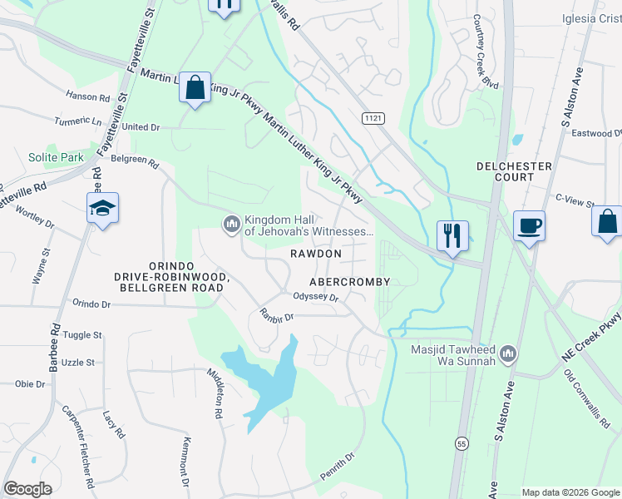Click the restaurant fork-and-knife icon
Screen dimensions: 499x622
click(x=452, y=235)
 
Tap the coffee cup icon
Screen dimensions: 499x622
click(x=529, y=225)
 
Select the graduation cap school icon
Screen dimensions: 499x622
click(x=102, y=209)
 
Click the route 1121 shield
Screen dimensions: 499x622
click(x=374, y=119)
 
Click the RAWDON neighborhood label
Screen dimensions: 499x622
click(x=315, y=253)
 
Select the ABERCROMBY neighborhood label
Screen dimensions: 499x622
click(x=349, y=282)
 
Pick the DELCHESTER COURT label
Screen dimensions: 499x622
click(x=514, y=171)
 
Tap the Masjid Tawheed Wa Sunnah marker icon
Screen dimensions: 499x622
click(x=509, y=354)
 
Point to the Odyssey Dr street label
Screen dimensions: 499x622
click(x=315, y=297)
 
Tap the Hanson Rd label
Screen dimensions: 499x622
click(x=92, y=97)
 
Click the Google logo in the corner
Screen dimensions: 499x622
click(x=27, y=488)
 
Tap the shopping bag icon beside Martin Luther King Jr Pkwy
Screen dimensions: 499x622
click(x=195, y=87)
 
